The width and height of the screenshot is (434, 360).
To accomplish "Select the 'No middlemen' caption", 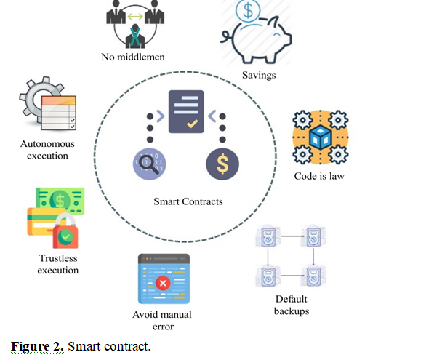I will [132, 57].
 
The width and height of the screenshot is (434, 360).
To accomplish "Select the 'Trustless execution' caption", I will [59, 264].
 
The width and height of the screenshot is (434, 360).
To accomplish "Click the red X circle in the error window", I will [163, 284].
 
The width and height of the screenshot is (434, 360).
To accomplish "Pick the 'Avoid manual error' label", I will [162, 320].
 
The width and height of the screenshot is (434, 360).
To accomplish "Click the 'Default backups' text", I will [292, 305].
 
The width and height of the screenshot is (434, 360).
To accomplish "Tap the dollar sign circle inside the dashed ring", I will [222, 164].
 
